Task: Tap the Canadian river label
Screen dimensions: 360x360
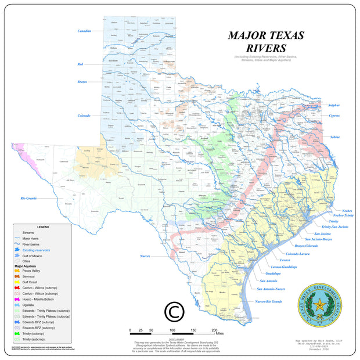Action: coord(84,31)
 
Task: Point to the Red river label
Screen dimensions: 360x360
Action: coord(81,64)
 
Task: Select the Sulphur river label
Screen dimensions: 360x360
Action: coord(333,105)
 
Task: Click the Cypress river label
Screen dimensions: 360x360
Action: coord(333,116)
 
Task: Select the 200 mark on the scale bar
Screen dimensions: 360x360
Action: coord(214,329)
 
